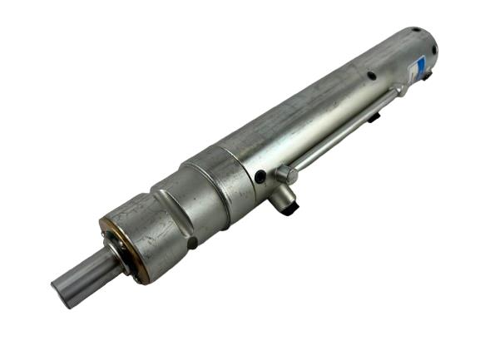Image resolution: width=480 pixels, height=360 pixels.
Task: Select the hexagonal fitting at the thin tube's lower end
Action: [x=287, y=175]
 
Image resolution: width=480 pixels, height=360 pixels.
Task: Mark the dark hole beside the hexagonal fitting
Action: [x=261, y=177]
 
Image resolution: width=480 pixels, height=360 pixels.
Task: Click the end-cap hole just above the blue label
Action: [x=433, y=49]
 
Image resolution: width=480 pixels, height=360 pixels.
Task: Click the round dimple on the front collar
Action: [x=193, y=243]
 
